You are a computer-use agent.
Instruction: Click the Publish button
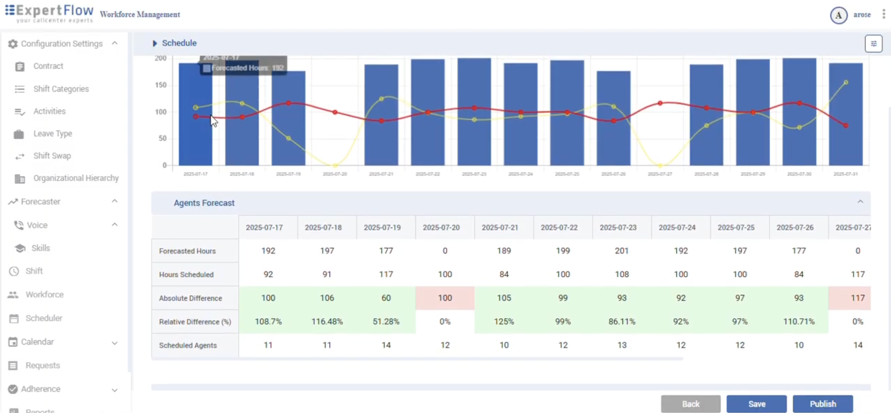[x=822, y=404]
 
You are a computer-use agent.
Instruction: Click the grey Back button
[x=690, y=404]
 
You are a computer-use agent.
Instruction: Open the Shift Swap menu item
[x=52, y=156]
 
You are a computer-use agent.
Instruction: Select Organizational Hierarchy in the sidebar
[x=76, y=178]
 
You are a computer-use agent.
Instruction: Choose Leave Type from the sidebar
[x=52, y=133]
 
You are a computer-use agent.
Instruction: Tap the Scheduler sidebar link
[x=44, y=318]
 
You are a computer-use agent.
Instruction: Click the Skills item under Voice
[x=41, y=248]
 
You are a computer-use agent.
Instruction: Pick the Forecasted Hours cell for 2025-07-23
[x=621, y=251]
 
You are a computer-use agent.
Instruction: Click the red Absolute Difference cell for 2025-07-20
[x=445, y=298]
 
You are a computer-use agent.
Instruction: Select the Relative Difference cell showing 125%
[x=504, y=322]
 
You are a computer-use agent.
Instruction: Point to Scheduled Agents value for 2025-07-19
[x=386, y=345]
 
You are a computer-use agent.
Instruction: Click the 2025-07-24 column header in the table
[x=677, y=227]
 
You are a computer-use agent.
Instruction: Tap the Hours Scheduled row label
[x=186, y=274]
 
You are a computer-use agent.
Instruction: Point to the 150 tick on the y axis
[x=161, y=85]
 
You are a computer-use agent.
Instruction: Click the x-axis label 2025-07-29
[x=753, y=174]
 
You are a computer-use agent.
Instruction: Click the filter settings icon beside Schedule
[x=873, y=44]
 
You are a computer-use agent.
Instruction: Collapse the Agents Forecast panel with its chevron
[x=860, y=202]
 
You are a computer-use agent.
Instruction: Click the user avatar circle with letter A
[x=838, y=15]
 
